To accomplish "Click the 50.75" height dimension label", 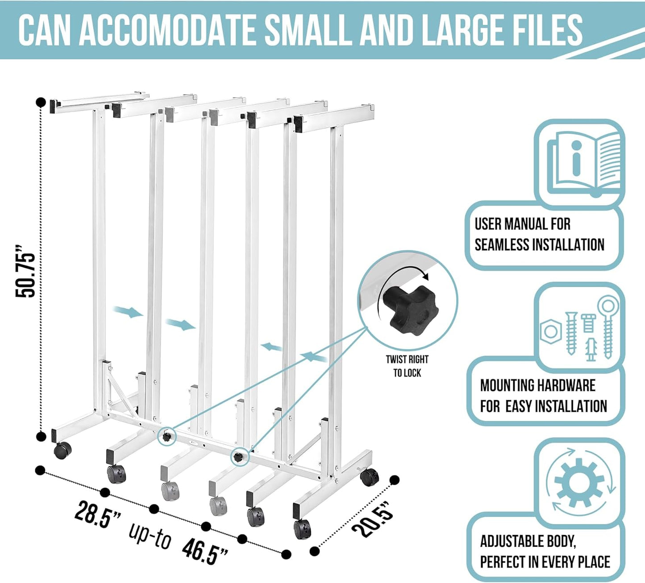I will (x=25, y=271).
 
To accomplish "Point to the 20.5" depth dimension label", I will (x=373, y=519).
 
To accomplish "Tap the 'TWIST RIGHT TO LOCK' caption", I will (x=407, y=366).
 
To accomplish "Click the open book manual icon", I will (x=583, y=162).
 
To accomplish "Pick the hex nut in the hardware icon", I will (x=550, y=331).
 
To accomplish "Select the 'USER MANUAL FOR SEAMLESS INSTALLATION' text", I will (x=539, y=235).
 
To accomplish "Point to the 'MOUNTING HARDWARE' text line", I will (x=537, y=385).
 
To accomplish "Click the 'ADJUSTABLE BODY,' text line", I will (x=528, y=542).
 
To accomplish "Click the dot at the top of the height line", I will (x=41, y=102).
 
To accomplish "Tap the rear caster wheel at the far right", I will (x=369, y=478).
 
